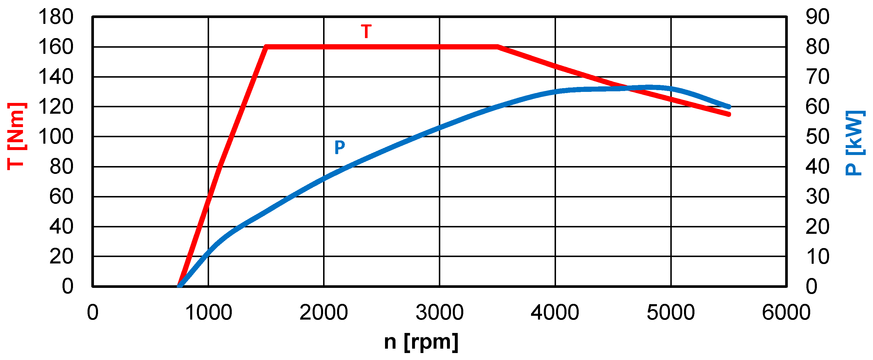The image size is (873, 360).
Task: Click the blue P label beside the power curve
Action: (340, 147)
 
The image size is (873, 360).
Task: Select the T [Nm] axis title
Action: (16, 136)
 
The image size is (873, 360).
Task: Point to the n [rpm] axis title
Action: (421, 342)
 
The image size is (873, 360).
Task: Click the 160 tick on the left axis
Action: (56, 47)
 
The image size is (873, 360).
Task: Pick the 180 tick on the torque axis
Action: (56, 17)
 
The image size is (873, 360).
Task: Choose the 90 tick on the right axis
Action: (817, 17)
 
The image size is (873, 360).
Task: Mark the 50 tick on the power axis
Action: (817, 137)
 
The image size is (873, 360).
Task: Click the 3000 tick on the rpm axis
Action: (439, 313)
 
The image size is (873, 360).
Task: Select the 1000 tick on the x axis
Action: (209, 313)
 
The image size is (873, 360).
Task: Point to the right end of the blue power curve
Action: (729, 107)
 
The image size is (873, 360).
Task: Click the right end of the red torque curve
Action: (729, 115)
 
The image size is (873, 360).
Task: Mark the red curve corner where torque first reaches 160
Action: (266, 47)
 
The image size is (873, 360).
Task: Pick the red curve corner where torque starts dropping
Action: (498, 47)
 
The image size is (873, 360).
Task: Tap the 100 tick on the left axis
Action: (56, 137)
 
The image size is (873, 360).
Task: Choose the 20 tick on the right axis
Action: (817, 227)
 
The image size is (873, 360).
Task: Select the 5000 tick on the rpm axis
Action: (671, 313)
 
